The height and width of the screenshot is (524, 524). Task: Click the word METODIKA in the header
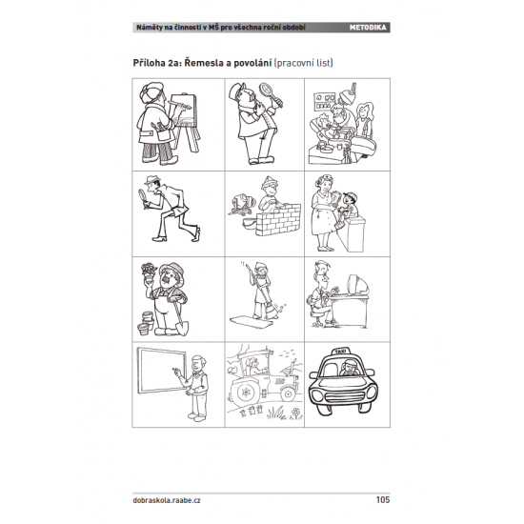click(368, 28)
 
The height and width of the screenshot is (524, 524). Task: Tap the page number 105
click(383, 500)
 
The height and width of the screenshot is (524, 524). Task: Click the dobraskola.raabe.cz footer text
click(167, 500)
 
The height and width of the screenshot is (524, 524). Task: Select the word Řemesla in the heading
click(204, 63)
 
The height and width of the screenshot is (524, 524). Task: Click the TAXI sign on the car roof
click(340, 352)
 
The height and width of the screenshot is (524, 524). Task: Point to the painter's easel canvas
click(182, 111)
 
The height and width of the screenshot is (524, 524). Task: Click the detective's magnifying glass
click(142, 193)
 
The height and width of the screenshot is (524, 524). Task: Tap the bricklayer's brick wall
click(277, 219)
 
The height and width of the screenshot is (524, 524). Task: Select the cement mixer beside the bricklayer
click(242, 204)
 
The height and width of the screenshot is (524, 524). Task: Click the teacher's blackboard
click(162, 371)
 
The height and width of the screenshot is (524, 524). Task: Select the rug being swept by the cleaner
click(251, 323)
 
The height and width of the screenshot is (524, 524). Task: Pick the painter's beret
click(151, 91)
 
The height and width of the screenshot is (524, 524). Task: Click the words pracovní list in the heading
click(303, 63)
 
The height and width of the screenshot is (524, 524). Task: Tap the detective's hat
click(152, 180)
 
